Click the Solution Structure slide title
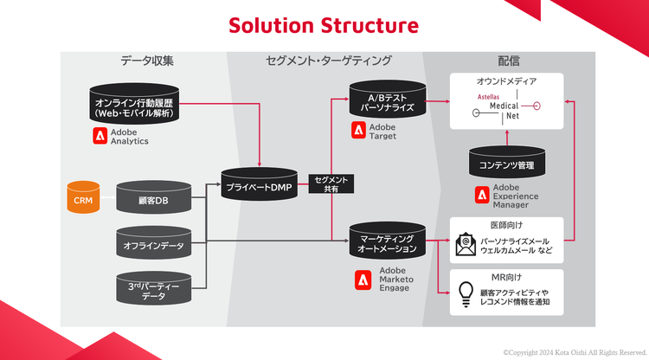[x=324, y=25]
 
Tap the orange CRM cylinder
[x=83, y=199]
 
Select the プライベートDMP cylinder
[x=260, y=185]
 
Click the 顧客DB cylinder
[x=153, y=199]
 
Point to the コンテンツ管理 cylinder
[x=506, y=163]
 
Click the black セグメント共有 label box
[x=331, y=184]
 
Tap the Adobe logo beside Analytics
[x=100, y=135]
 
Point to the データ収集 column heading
[x=147, y=61]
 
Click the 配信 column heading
[x=509, y=61]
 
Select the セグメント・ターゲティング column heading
[x=328, y=61]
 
